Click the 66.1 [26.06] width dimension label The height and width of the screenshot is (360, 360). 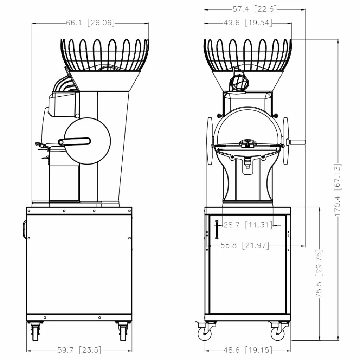point(90,23)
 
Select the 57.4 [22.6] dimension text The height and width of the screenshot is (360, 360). point(255,9)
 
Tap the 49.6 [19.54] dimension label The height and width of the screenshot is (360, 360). point(248,23)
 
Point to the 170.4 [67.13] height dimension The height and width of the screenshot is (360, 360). point(338,189)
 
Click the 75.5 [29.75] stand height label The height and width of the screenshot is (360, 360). point(319,274)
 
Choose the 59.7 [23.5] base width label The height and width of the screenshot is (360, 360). point(79,350)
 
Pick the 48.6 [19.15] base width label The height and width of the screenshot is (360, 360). point(248,350)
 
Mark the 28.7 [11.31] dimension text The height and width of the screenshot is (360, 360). point(248,225)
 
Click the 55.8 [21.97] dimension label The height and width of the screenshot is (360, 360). point(245,245)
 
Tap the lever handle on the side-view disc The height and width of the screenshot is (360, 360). point(74,141)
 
